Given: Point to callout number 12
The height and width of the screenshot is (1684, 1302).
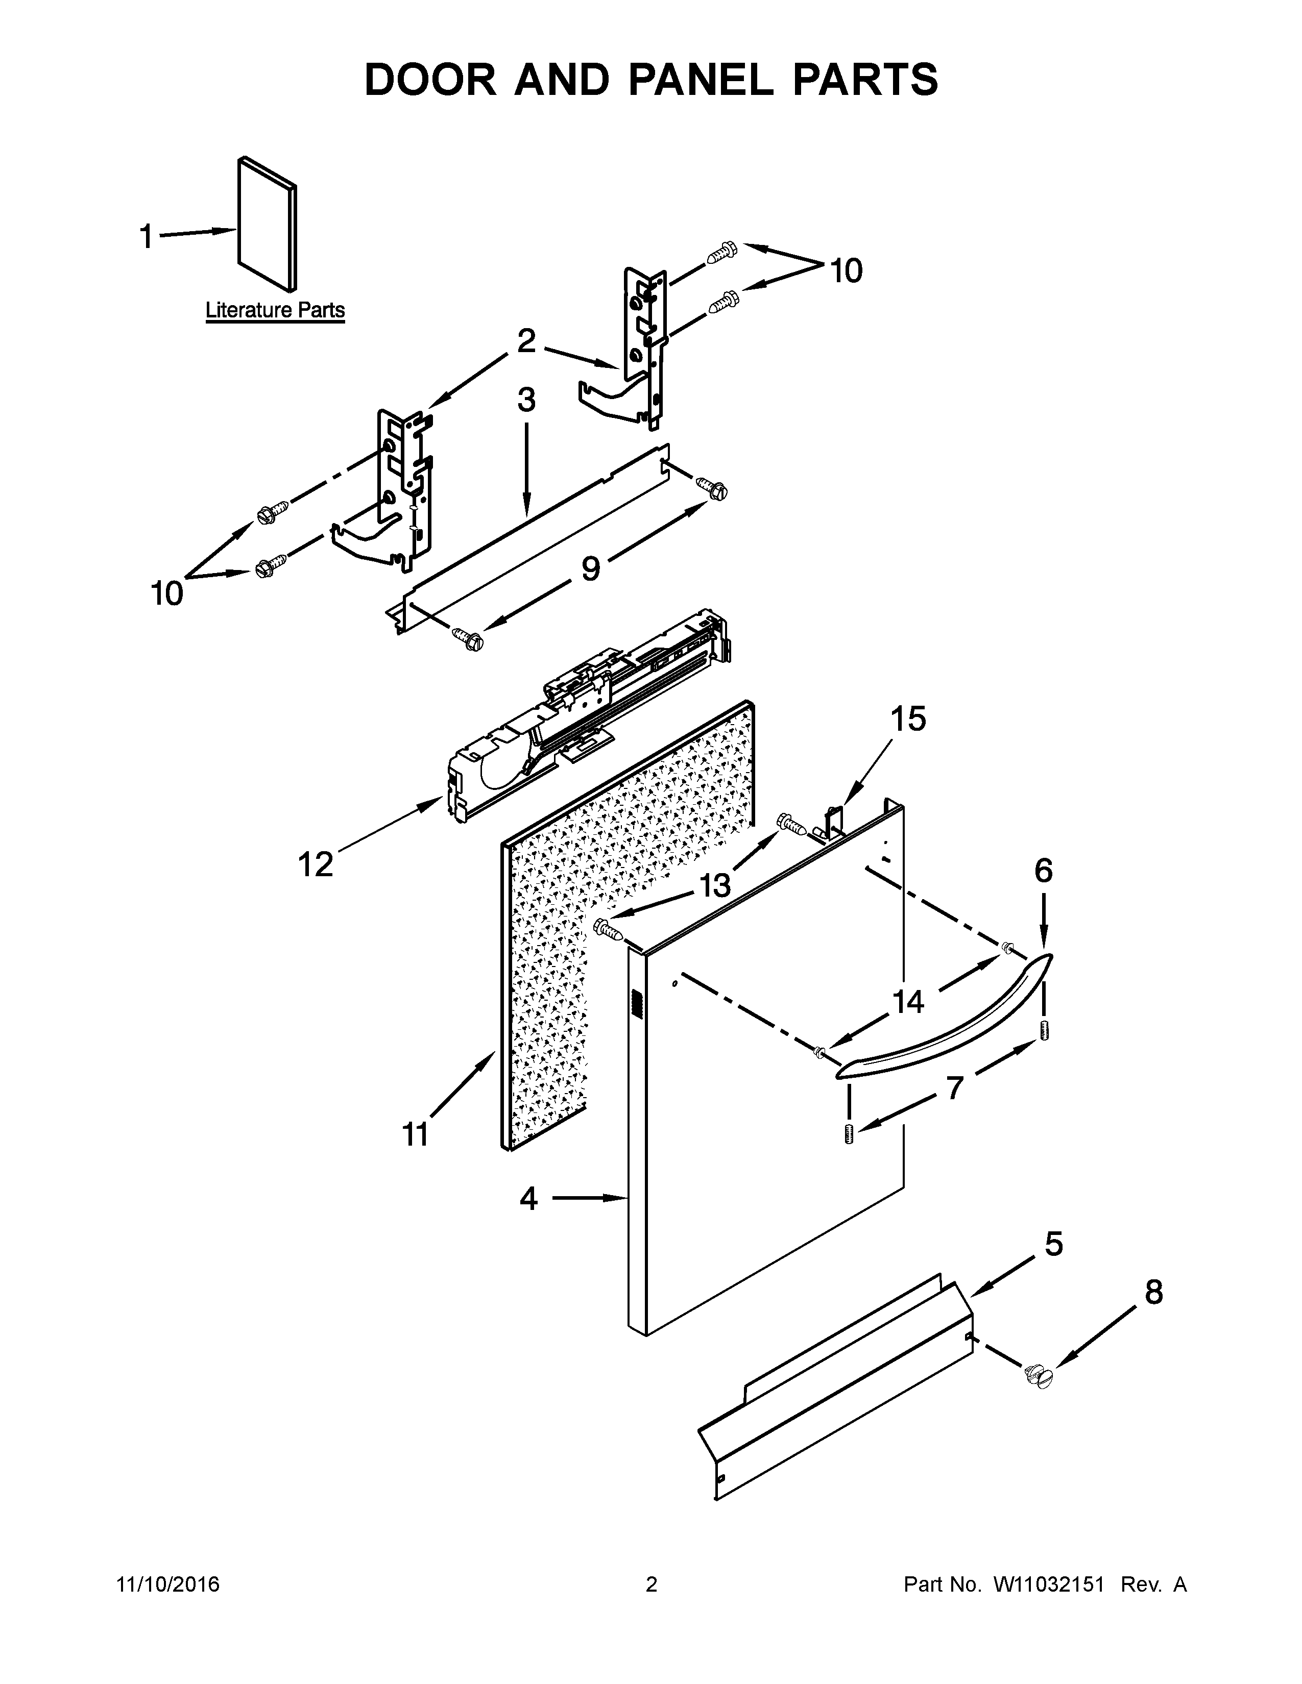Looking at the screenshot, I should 316,864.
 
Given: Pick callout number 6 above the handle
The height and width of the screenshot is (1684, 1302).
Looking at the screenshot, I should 1043,871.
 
